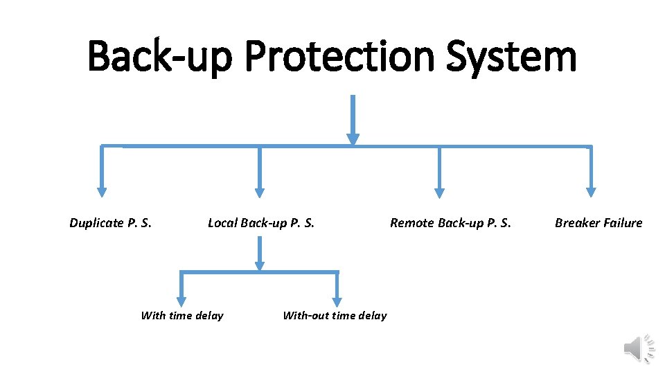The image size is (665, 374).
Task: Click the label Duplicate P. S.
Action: coord(111,223)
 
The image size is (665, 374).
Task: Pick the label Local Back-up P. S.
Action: coord(261,223)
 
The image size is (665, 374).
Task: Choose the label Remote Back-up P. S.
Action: coord(450,223)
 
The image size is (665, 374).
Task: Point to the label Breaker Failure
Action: coord(598,223)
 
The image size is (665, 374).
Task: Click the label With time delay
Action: coord(182,316)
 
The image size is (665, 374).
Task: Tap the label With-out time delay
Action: coord(335,316)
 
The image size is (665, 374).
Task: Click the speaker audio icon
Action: coord(638,348)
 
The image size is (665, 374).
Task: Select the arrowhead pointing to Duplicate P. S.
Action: coord(102,193)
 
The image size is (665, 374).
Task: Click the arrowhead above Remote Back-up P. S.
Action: coord(439,193)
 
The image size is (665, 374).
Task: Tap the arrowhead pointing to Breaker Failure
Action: coord(591,193)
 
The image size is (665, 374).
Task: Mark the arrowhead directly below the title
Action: coord(353,139)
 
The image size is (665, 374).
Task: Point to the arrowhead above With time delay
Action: coord(181,302)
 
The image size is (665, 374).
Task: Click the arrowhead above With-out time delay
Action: coord(337,302)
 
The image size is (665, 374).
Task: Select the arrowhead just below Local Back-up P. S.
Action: coord(260,265)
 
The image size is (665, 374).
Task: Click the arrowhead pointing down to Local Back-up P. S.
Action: coord(260,193)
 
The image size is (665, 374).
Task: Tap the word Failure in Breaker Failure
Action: coord(621,223)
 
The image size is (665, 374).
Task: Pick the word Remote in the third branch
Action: coord(409,223)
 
